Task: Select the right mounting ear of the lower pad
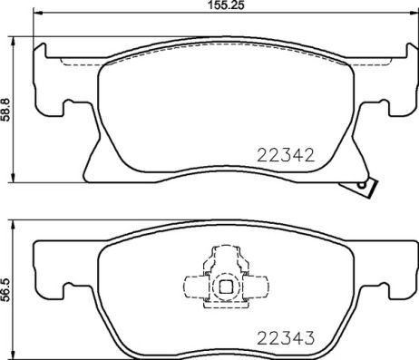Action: click(x=392, y=277)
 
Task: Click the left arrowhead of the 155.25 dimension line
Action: click(x=38, y=17)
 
